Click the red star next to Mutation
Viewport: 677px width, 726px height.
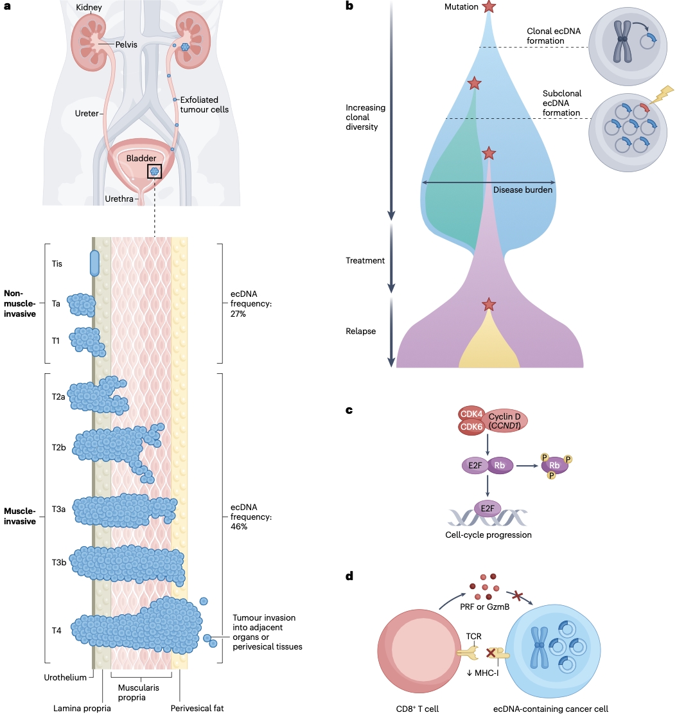click(489, 7)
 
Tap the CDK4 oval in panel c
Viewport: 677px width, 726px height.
click(471, 414)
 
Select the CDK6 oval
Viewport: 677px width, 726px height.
click(471, 427)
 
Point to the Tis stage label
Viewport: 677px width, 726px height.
click(57, 263)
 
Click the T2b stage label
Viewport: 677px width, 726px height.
click(59, 447)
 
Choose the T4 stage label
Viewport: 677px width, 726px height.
click(57, 630)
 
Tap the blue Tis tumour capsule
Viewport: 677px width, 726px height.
click(94, 262)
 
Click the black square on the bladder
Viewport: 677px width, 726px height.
click(154, 171)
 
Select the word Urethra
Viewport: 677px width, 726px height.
click(119, 199)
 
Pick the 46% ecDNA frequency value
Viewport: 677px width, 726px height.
click(240, 526)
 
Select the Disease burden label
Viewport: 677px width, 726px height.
click(523, 190)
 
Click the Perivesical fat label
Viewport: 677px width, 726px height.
click(197, 709)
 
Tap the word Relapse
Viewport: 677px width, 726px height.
click(361, 332)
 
